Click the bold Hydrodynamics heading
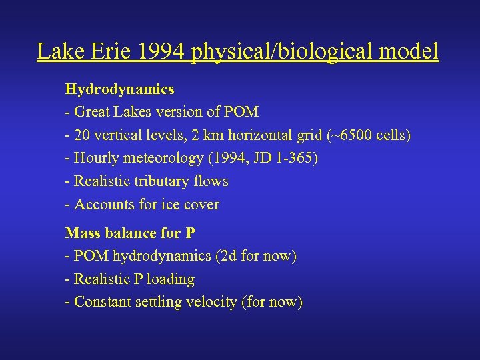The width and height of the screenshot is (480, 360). coord(119,89)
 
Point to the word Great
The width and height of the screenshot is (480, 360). coord(93,112)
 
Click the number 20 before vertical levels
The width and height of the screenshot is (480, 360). coord(83,135)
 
